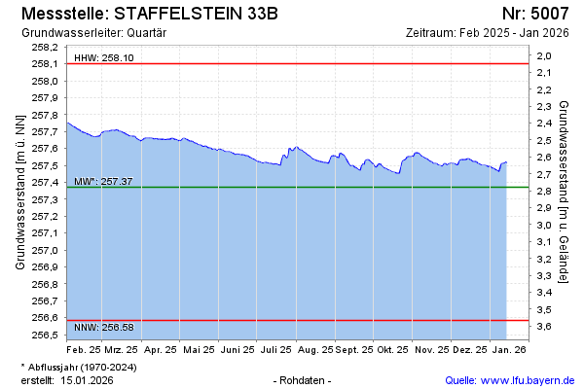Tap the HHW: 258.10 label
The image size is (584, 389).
(x=104, y=58)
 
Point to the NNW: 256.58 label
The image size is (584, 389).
(x=104, y=327)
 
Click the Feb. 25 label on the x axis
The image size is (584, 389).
(x=84, y=348)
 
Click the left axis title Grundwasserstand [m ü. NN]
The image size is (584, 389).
(x=19, y=192)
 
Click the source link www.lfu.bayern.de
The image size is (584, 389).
(x=531, y=379)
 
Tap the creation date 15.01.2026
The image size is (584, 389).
(x=87, y=379)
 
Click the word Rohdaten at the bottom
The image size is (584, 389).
(x=303, y=379)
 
